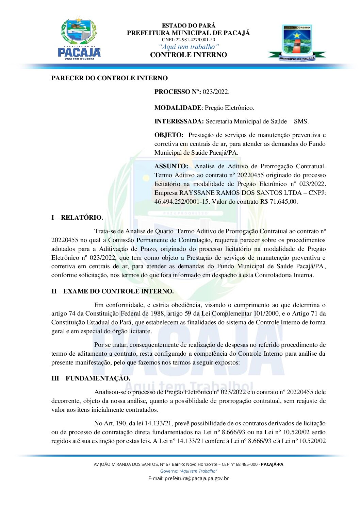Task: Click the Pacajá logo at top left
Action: tap(79, 39)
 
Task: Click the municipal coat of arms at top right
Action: tap(297, 43)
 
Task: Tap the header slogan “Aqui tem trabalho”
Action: tap(189, 47)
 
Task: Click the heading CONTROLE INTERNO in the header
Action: tap(189, 55)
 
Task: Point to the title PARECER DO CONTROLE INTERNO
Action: tap(110, 78)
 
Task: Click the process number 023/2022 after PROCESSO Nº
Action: tap(216, 92)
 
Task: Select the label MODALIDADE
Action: tap(178, 108)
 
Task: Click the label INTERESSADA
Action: tap(179, 121)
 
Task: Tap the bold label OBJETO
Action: tap(169, 135)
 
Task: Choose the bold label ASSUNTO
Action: tap(171, 166)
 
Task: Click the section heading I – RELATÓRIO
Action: tap(77, 218)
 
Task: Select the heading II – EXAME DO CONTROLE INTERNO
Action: tap(113, 291)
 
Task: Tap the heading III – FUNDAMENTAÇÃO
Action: tap(91, 378)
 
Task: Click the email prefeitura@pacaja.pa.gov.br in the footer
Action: tap(197, 478)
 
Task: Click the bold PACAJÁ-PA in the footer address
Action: tap(272, 464)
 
